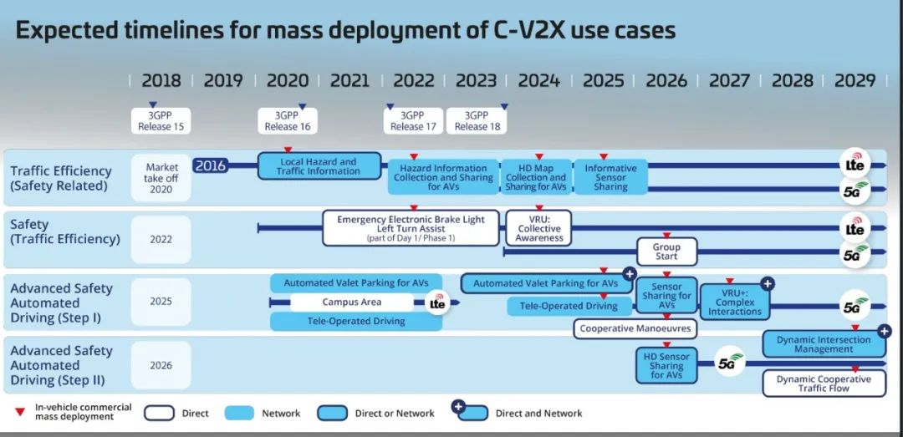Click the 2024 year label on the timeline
(x=538, y=81)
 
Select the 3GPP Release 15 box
(x=161, y=121)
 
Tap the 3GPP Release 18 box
(x=476, y=121)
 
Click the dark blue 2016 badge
(x=211, y=165)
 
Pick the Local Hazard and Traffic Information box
(x=318, y=166)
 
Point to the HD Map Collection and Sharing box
(x=536, y=177)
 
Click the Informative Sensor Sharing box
(x=610, y=177)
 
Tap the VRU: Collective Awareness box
(x=539, y=227)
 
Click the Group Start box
(x=666, y=252)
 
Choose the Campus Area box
(x=351, y=302)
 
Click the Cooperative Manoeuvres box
(x=635, y=328)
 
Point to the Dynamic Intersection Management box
(x=824, y=344)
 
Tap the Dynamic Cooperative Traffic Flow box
(x=824, y=384)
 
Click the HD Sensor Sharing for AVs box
(x=666, y=366)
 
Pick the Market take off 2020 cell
(x=161, y=178)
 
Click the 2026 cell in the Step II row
(x=161, y=365)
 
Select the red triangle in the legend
(x=19, y=412)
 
